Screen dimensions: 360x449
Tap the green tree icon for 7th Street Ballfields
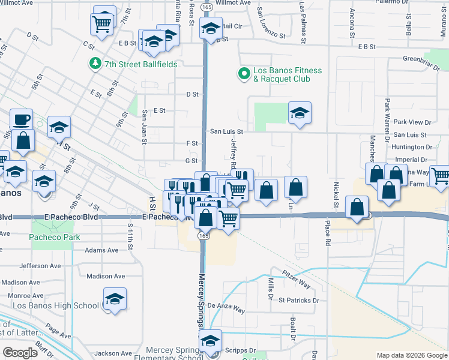tap(94, 63)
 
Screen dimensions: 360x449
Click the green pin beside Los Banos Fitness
tap(244, 74)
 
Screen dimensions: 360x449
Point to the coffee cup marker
tap(22, 119)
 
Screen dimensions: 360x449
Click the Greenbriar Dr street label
tap(418, 59)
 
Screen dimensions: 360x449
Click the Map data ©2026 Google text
tap(411, 355)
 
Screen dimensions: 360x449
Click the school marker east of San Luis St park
tap(300, 113)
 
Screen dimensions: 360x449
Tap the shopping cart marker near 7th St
tap(102, 25)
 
